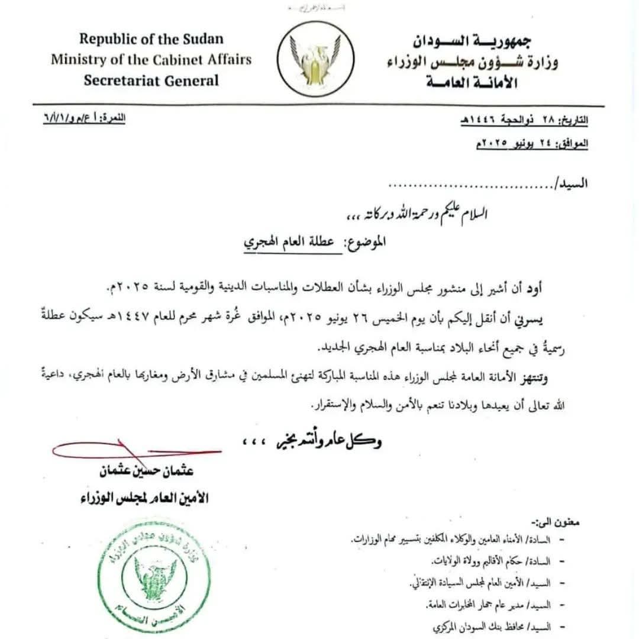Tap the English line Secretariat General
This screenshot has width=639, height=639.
pos(151,80)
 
